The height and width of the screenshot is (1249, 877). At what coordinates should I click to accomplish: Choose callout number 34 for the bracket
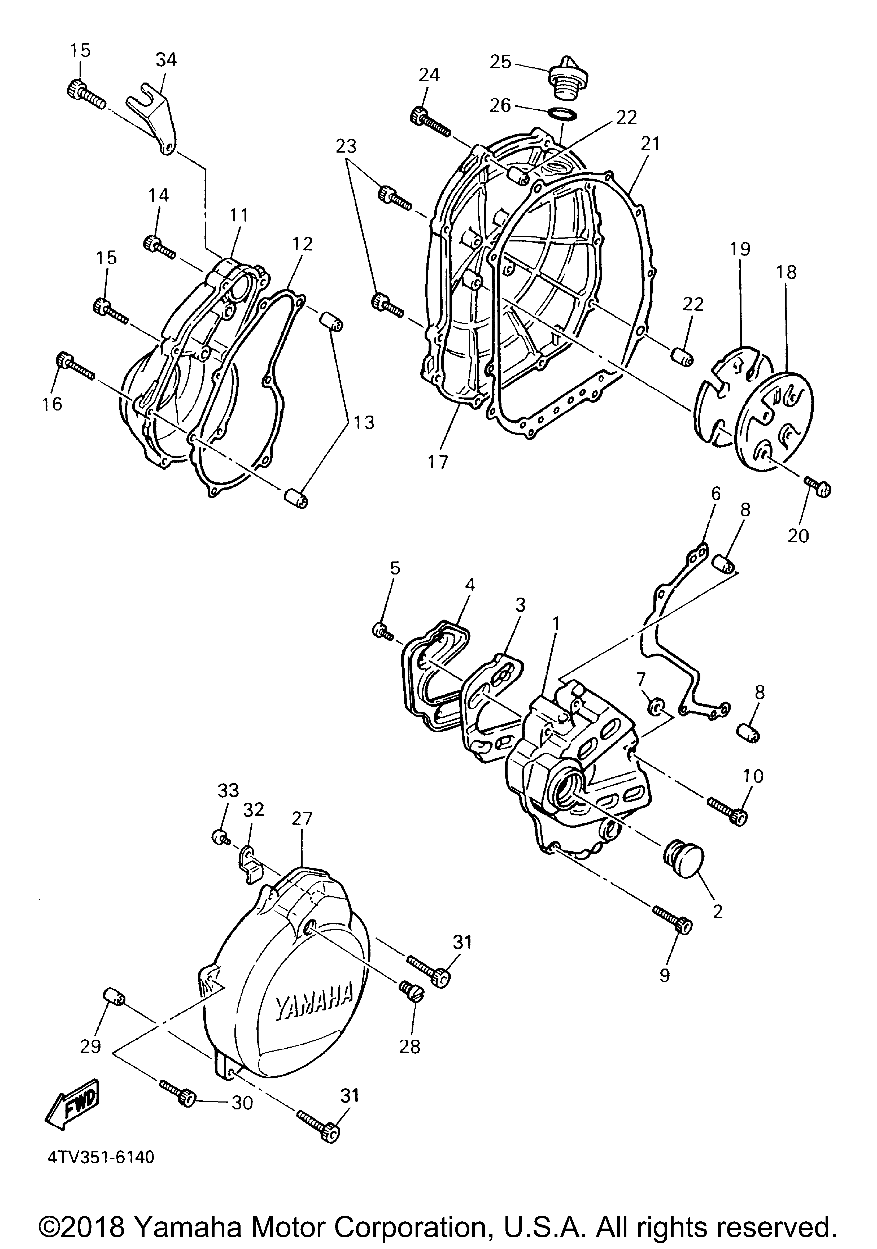click(x=166, y=59)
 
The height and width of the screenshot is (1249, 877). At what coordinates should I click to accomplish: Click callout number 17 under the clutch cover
click(x=437, y=463)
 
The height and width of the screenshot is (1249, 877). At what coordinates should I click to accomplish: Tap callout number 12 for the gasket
click(x=302, y=244)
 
